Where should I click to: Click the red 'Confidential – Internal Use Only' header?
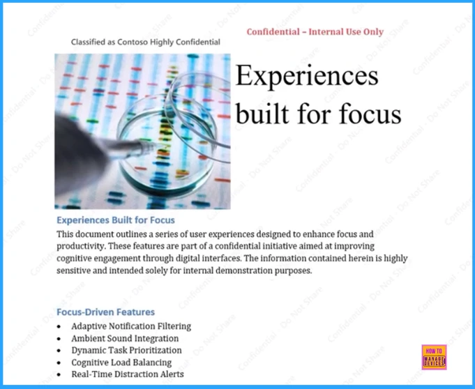(315, 31)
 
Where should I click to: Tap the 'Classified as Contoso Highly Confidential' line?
(145, 42)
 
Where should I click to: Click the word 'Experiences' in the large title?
(307, 76)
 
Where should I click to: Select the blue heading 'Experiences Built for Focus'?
(115, 220)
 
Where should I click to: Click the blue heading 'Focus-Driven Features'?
(105, 312)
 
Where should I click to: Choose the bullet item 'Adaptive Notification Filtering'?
(130, 326)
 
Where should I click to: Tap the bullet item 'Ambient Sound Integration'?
(125, 338)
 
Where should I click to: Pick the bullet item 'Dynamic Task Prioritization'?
(126, 350)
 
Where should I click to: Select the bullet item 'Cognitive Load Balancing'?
(121, 363)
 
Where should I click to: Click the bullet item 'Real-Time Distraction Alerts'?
(128, 374)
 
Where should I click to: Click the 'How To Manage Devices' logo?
(434, 357)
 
